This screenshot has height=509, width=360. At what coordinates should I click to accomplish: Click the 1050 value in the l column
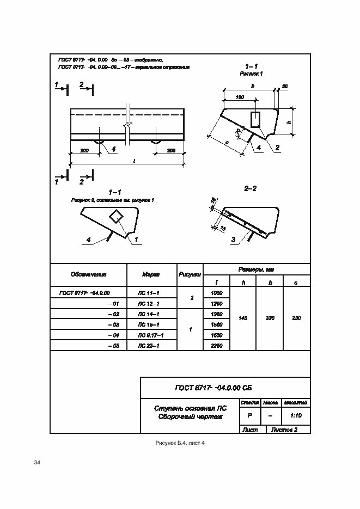point(216,293)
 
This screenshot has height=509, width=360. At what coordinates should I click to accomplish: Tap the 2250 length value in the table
point(216,346)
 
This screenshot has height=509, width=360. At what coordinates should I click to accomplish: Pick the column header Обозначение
point(88,274)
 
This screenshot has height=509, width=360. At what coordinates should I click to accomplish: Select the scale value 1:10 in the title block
point(297,416)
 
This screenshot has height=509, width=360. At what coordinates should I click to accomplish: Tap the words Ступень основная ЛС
point(190,408)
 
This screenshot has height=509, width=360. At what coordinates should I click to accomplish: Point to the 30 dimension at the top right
point(285,87)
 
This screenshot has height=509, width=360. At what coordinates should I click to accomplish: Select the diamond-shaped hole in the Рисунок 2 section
point(116,216)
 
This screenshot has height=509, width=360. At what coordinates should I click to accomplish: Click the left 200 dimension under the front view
point(84,150)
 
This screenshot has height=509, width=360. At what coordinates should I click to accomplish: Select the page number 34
point(37,463)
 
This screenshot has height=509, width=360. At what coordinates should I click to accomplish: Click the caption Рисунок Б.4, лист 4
point(180,443)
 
